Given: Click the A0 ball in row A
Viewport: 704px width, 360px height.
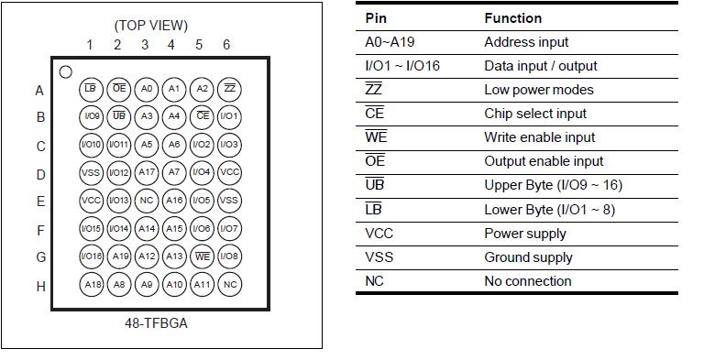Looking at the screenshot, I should click(x=146, y=89).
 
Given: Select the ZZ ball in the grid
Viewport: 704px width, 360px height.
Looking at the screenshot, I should click(x=230, y=89).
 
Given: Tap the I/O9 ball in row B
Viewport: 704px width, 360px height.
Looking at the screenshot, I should click(x=91, y=117).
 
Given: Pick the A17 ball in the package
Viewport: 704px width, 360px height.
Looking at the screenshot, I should click(x=146, y=172).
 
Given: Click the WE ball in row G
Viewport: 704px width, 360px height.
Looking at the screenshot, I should click(x=203, y=256).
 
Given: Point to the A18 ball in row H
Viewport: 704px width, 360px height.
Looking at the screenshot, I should click(x=91, y=285).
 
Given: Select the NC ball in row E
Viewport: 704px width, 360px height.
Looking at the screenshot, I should click(x=146, y=201).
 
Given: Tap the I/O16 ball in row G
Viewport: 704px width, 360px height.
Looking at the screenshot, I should click(x=91, y=256).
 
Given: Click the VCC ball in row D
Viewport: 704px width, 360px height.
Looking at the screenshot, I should click(x=230, y=172).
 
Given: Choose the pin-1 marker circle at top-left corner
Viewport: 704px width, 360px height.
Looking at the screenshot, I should click(x=65, y=71).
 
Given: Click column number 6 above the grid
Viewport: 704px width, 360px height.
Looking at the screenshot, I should click(x=226, y=45).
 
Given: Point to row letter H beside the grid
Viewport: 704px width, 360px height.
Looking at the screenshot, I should click(x=40, y=286).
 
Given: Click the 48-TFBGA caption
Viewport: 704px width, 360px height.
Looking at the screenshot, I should click(x=157, y=323).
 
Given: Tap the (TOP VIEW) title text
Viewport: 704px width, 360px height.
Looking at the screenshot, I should click(x=151, y=25).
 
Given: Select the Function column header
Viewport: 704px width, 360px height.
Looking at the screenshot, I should click(x=512, y=17).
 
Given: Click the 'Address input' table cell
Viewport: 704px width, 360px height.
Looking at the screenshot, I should click(x=526, y=42).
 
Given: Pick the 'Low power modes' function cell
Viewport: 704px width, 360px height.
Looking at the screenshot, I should click(x=538, y=90).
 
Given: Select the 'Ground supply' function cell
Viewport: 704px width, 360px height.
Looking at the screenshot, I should click(x=528, y=257).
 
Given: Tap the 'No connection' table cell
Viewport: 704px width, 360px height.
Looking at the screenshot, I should click(x=527, y=281).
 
